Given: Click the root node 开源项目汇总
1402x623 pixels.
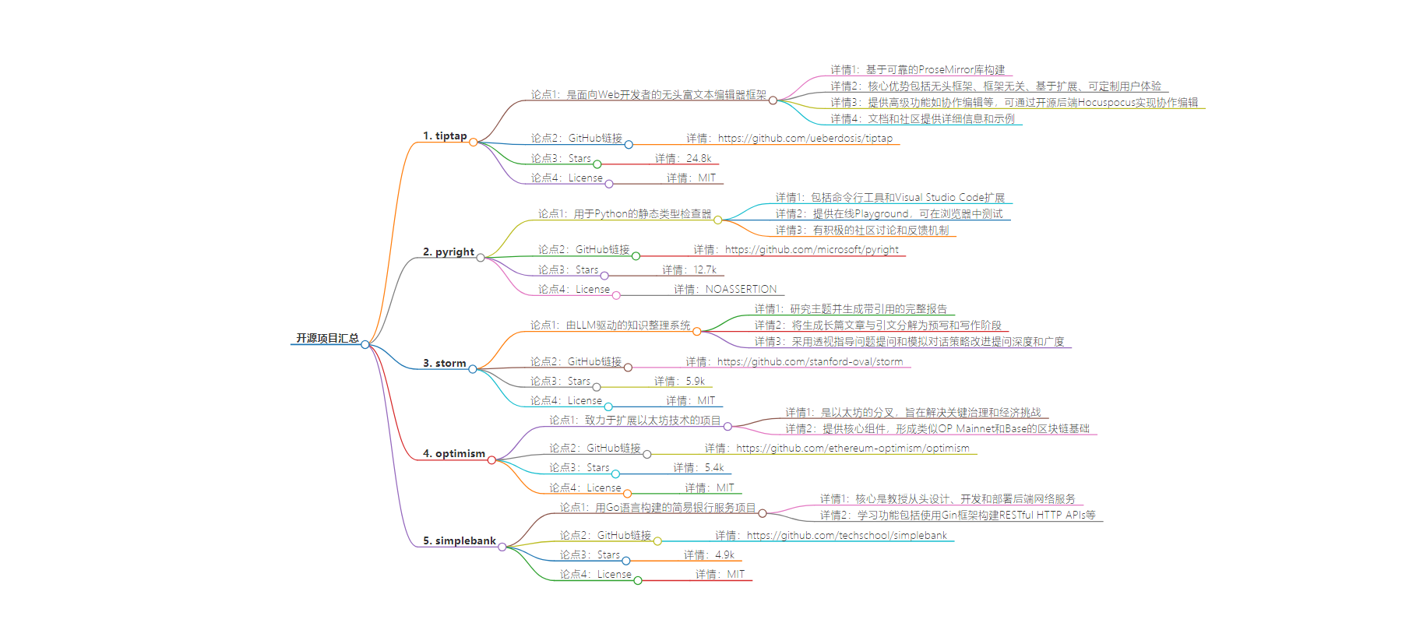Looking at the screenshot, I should tap(327, 338).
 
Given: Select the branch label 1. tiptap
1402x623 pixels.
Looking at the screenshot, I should tap(445, 136).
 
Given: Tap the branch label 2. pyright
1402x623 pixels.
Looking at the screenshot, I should tap(449, 252).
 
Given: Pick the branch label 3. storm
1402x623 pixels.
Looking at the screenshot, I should tap(444, 364).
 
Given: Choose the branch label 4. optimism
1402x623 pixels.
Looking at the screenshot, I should tap(454, 454).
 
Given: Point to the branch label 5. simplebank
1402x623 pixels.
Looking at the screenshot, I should tap(460, 541).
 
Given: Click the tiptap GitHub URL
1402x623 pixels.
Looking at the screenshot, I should tap(805, 139).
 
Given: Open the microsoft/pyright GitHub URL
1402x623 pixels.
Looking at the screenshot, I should tap(812, 250).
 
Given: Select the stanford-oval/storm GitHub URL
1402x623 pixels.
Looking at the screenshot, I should tap(809, 362).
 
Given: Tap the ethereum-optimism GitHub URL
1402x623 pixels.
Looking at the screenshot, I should tap(852, 449).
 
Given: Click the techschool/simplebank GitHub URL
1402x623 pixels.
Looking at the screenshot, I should tap(847, 536).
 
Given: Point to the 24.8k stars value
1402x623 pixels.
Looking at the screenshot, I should tap(698, 159).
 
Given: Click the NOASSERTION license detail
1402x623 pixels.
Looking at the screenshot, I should tap(740, 290).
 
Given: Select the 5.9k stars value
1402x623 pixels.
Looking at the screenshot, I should tap(694, 382).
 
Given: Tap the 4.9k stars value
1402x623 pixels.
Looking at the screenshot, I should tap(724, 555).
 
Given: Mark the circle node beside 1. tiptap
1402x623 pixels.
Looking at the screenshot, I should tap(473, 142).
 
